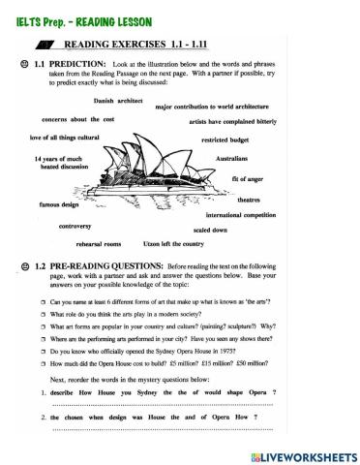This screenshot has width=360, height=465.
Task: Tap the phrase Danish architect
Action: [116, 100]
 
